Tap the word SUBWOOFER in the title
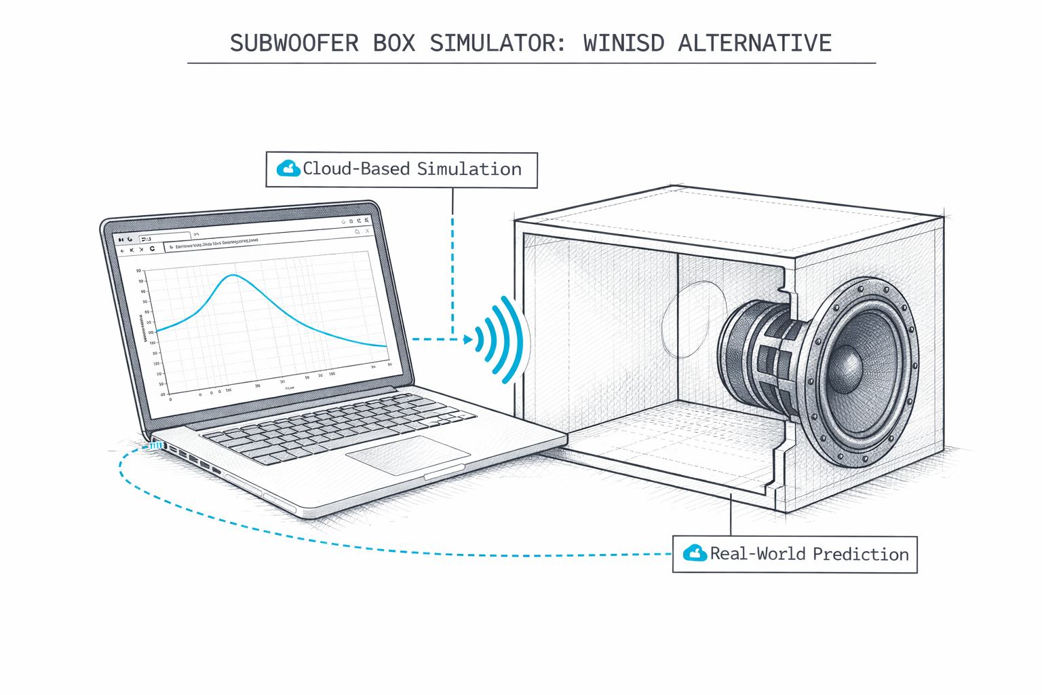294,43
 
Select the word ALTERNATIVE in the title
754,43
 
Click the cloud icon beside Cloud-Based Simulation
288,168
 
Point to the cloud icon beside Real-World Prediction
695,553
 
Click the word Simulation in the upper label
469,169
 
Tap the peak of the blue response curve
233,275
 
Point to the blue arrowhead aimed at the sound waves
468,339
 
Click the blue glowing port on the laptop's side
156,446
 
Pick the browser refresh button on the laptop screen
152,249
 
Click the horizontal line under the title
531,63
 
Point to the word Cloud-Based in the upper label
357,169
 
